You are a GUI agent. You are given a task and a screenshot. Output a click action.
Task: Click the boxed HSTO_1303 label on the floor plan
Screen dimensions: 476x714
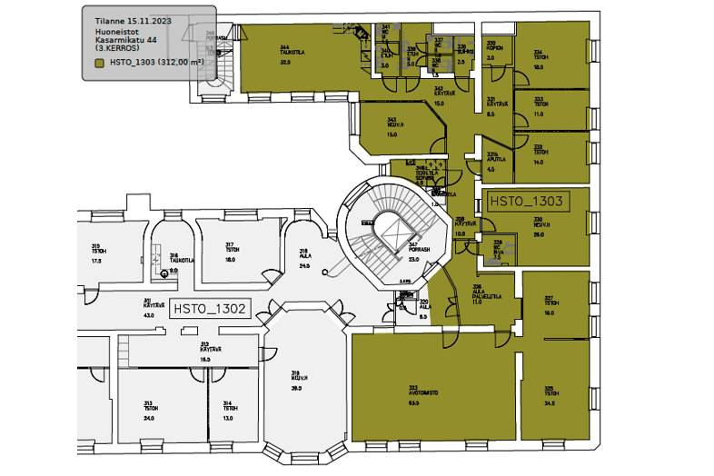[527, 201]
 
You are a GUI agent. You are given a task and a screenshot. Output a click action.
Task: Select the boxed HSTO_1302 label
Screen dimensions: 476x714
[210, 309]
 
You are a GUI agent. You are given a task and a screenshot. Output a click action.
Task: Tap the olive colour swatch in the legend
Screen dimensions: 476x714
[100, 63]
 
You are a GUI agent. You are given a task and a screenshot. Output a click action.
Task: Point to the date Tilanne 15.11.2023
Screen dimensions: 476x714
[133, 19]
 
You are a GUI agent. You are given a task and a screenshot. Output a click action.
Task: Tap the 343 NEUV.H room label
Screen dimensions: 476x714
[392, 124]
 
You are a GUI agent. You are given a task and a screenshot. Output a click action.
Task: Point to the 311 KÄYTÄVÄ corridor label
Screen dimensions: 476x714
[147, 307]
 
